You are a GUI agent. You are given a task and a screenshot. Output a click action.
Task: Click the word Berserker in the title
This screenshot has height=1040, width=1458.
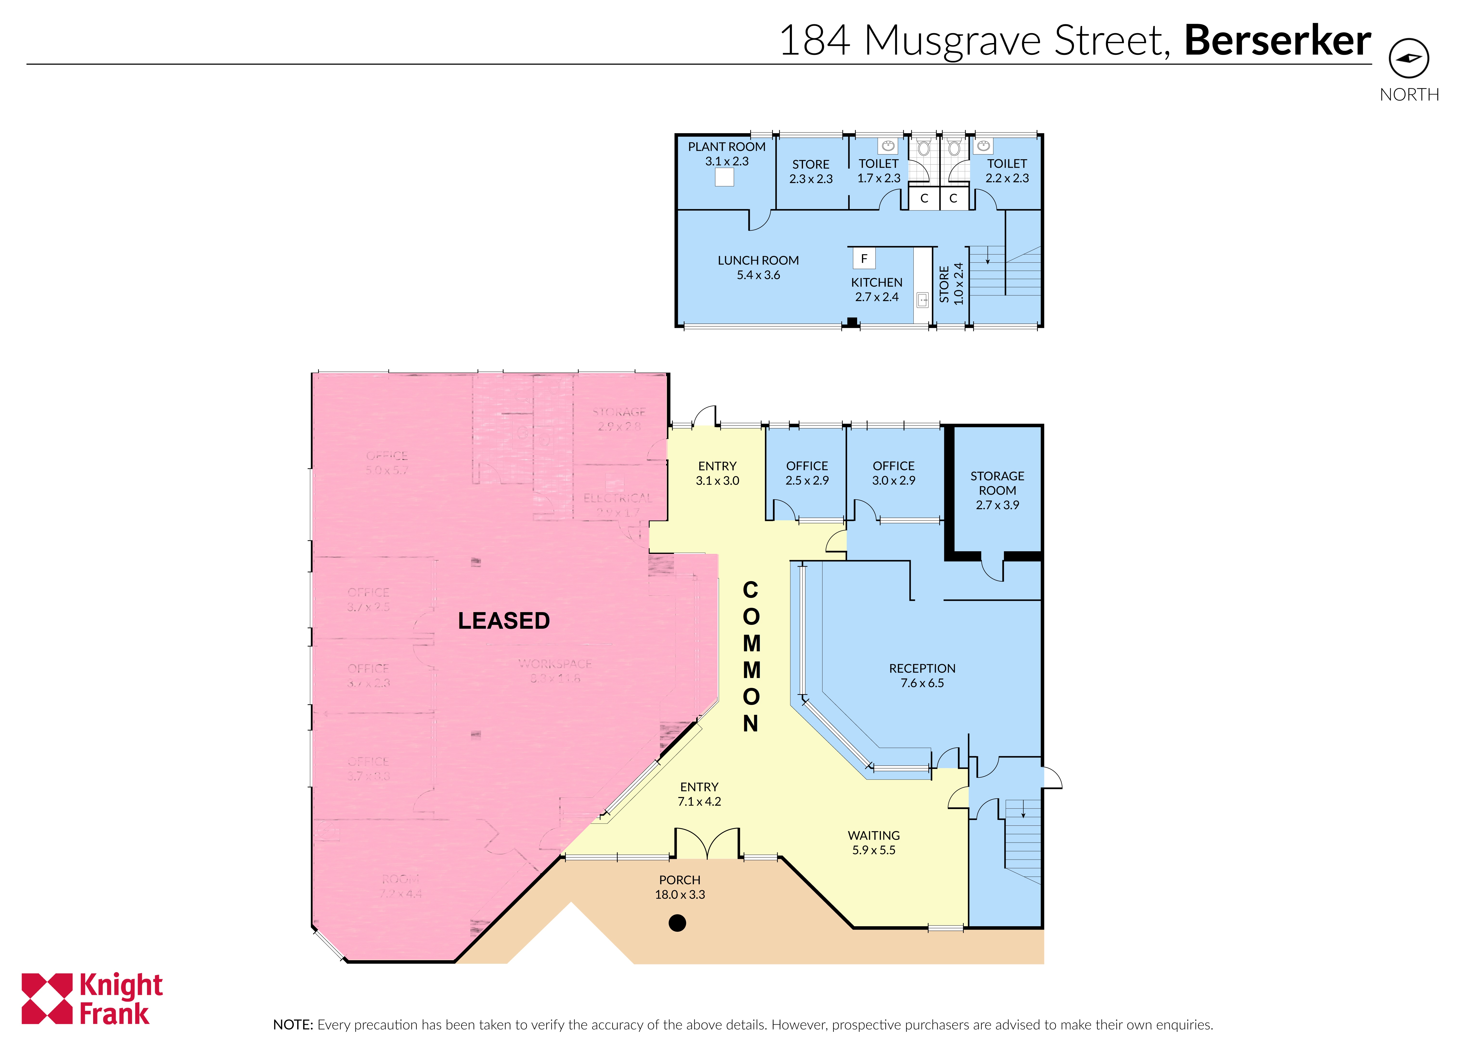(1277, 40)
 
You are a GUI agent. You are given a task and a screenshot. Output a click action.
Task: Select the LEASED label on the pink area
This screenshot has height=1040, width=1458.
(503, 621)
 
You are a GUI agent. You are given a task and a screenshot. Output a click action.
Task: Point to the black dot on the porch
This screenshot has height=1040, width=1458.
(677, 923)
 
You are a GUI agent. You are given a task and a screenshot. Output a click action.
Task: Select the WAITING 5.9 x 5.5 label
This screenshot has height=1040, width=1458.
(874, 843)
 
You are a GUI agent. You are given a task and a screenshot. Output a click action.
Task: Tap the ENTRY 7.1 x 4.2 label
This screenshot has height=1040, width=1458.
(699, 794)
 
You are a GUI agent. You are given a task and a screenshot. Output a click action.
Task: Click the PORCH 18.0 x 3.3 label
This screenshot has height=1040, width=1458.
(680, 887)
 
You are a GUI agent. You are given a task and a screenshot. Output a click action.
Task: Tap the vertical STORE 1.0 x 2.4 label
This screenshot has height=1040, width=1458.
(951, 284)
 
